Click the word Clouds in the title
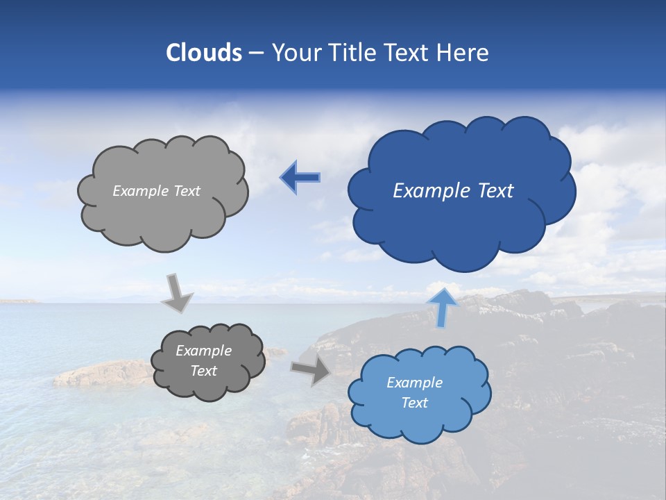[x=204, y=53]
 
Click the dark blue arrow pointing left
[x=300, y=178]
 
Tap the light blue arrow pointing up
[x=442, y=306]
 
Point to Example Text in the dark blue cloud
[x=453, y=191]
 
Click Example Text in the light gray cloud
[x=156, y=191]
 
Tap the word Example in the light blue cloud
[x=414, y=383]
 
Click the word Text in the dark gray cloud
[x=203, y=371]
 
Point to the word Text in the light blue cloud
[x=414, y=403]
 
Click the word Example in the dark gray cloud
[x=203, y=351]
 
